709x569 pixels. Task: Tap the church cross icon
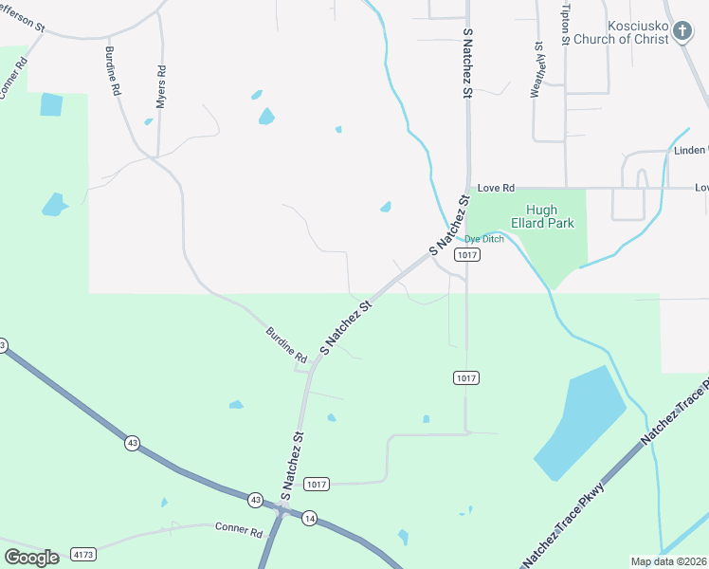[682, 32]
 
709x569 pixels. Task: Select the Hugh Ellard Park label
[541, 217]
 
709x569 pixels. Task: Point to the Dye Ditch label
[483, 239]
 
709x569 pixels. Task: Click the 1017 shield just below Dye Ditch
[465, 255]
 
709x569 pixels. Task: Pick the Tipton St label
[565, 23]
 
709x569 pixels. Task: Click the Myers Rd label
[161, 84]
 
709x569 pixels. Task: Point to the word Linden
[687, 151]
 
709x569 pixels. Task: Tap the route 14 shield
[309, 518]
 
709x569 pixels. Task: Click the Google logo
[31, 557]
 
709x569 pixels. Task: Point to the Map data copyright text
[668, 561]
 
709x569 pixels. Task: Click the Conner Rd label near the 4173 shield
[238, 530]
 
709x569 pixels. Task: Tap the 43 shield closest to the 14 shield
[255, 499]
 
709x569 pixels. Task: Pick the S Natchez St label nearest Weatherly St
[466, 64]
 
